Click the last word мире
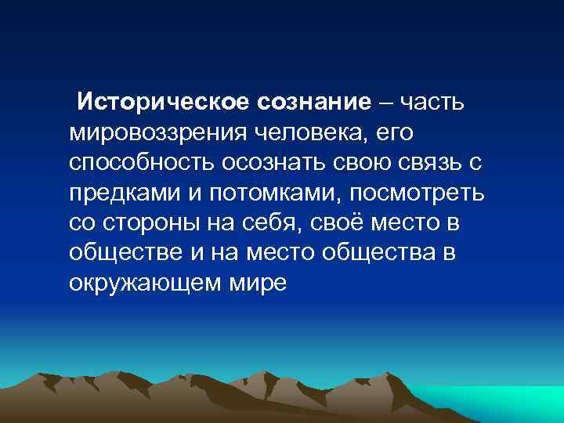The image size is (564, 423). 256,283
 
